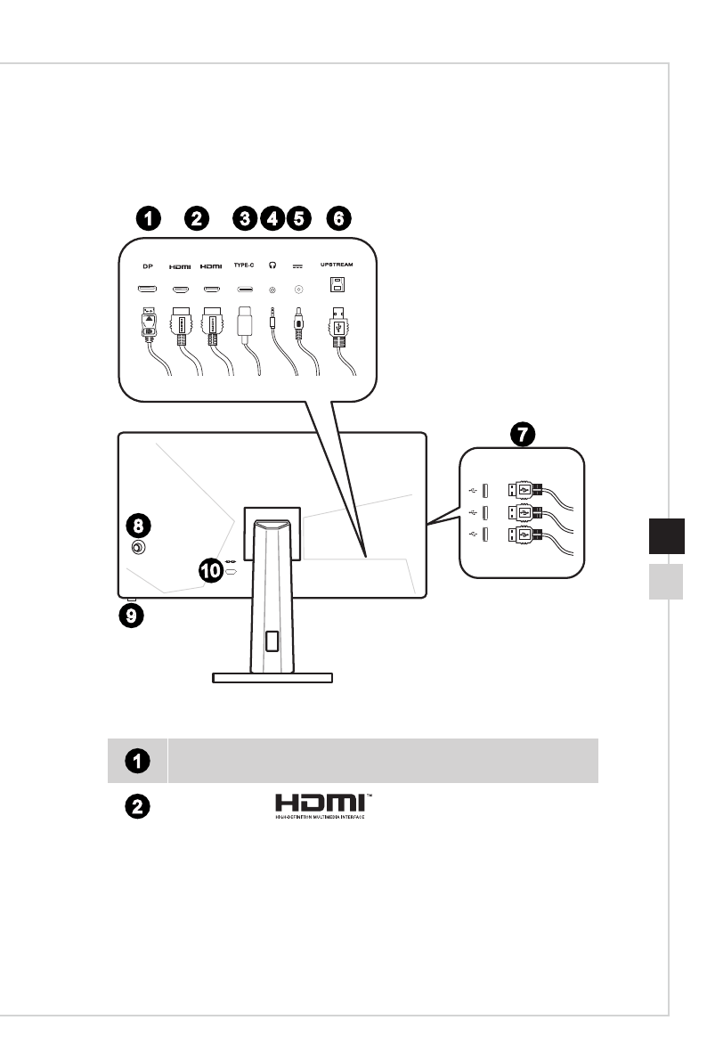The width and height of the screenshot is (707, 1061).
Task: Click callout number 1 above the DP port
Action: click(149, 217)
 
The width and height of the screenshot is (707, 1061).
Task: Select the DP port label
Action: click(149, 265)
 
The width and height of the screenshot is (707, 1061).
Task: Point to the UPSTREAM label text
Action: click(338, 265)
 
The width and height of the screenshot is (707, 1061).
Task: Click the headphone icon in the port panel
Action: click(272, 265)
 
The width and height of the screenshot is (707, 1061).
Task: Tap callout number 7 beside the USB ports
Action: click(522, 436)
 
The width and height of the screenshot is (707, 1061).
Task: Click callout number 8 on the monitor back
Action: click(138, 523)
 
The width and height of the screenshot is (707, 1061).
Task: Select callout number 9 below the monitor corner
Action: click(131, 614)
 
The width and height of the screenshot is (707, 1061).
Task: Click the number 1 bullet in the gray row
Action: click(136, 761)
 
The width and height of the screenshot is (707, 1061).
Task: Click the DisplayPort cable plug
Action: click(150, 326)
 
